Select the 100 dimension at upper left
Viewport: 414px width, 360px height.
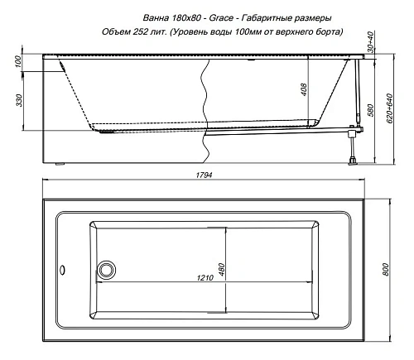[18, 63]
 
